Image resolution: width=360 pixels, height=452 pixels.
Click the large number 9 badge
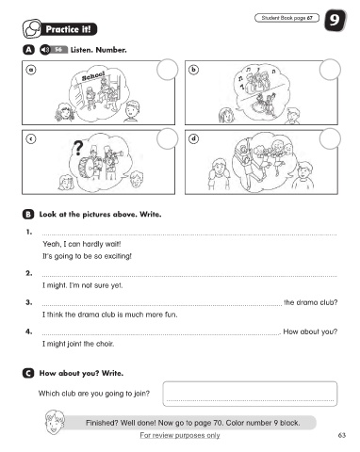335,21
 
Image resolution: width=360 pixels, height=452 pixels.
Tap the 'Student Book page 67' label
286,18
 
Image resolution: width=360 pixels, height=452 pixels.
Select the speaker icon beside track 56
45,50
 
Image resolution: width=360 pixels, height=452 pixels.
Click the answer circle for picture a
167,70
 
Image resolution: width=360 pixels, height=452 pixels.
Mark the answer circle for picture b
330,70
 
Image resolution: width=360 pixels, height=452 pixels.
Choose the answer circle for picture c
167,138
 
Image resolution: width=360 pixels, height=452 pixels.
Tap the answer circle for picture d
330,138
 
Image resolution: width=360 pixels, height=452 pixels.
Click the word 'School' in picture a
93,76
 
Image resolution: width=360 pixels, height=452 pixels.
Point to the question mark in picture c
78,148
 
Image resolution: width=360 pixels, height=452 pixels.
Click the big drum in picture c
87,168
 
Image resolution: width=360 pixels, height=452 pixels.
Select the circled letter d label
194,138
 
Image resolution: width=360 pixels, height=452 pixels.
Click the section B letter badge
28,215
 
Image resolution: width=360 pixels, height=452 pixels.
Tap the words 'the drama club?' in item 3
311,302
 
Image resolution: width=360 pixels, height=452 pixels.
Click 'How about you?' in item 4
310,331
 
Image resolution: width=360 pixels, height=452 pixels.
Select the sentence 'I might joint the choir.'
78,344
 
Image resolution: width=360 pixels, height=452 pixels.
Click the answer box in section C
250,394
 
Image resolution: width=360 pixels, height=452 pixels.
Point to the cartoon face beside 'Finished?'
54,422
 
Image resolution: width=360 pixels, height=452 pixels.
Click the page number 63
342,435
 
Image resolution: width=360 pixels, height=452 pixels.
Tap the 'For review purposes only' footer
180,435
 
